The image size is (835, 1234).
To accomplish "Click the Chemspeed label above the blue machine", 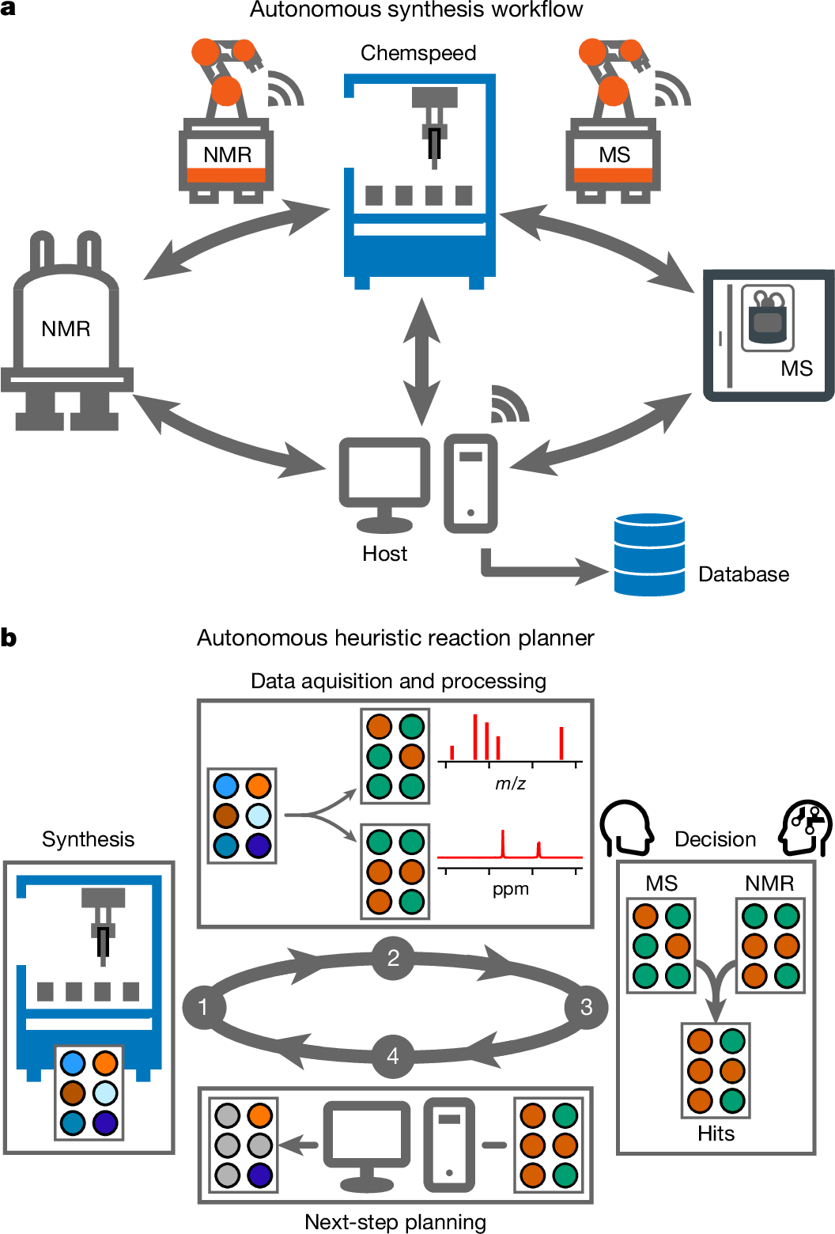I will click(x=418, y=53).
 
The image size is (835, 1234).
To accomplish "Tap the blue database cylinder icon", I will click(x=649, y=555).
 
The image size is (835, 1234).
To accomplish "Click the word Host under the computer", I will click(x=384, y=554).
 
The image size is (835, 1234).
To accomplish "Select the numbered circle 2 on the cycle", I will click(x=393, y=958).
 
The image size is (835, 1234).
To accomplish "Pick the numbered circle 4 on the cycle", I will click(x=393, y=1056).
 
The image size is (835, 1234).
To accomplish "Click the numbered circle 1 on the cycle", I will click(x=204, y=1007).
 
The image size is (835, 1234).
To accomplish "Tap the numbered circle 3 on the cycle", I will click(x=586, y=1007).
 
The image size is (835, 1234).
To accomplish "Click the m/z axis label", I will click(x=510, y=784).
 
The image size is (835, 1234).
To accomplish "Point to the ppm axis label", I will click(x=510, y=889).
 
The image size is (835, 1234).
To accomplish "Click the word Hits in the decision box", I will click(x=716, y=1134).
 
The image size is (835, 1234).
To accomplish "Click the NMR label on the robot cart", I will click(x=227, y=154).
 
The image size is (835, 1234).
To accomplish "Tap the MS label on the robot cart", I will click(x=614, y=154).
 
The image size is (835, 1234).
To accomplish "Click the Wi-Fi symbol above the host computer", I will click(x=508, y=405).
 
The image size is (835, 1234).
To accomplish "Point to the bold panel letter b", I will click(x=9, y=638).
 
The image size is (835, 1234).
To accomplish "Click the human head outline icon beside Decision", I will click(x=626, y=828).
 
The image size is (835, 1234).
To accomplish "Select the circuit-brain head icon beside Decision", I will click(x=805, y=828).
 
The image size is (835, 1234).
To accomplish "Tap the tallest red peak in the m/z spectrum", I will click(x=475, y=736).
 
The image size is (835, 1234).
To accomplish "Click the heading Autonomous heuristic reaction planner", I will click(x=395, y=638).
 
